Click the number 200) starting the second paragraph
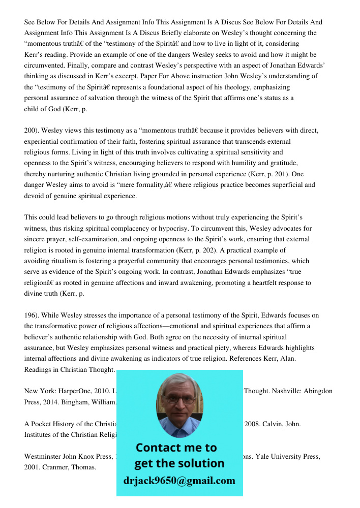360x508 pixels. [32, 131]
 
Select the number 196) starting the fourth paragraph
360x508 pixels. [32, 315]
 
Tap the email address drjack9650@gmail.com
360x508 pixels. [179, 481]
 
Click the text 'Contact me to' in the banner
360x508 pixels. [176, 448]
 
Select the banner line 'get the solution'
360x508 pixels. [179, 463]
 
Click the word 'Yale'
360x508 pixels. [275, 457]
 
